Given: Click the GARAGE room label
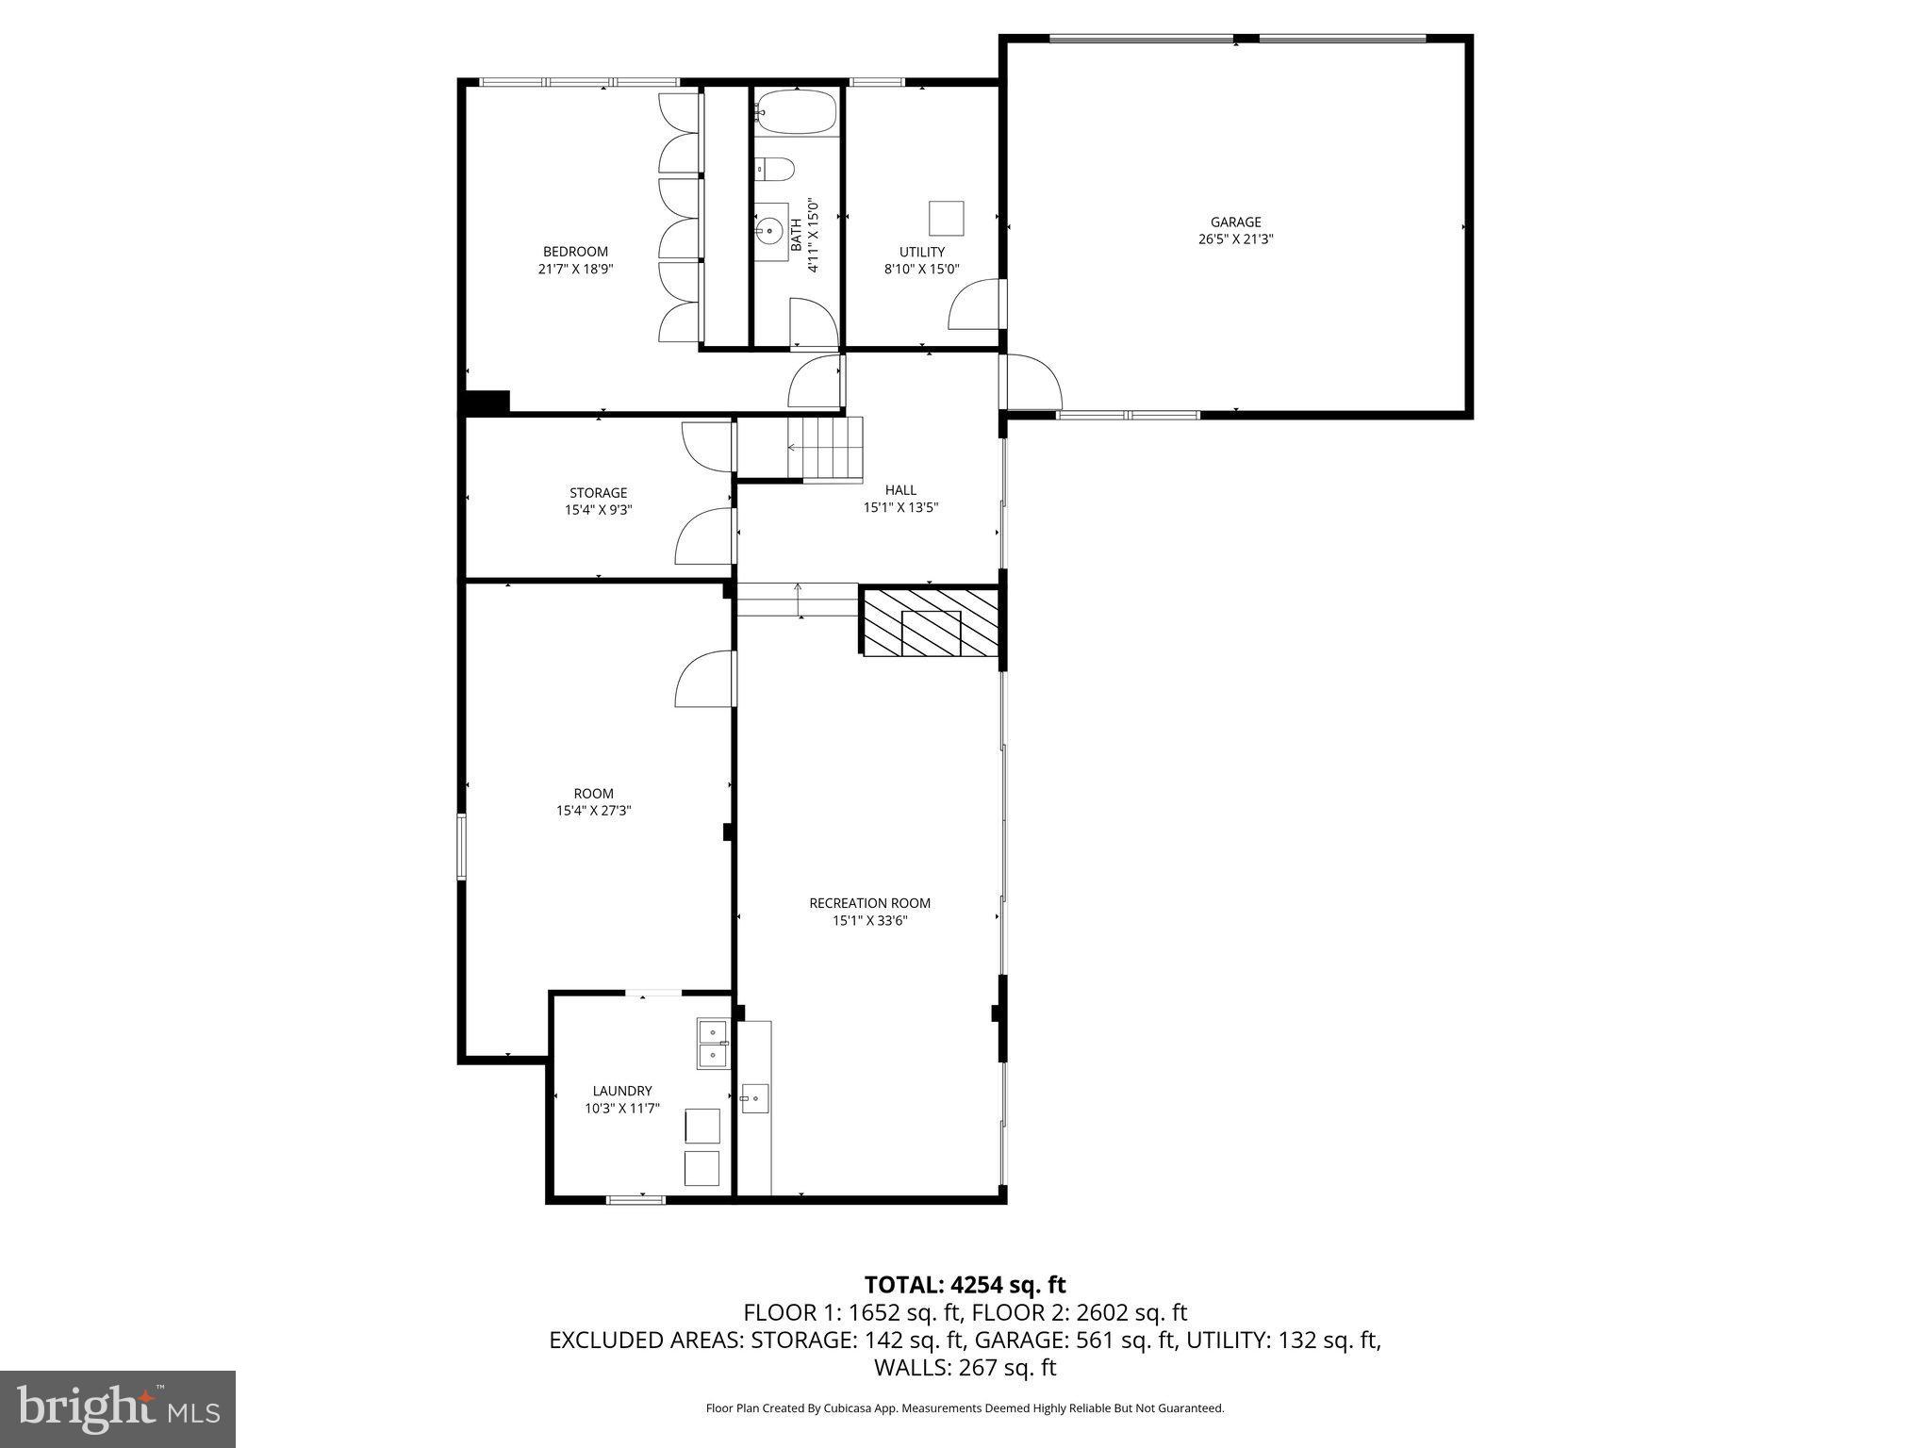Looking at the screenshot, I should click(x=1235, y=222).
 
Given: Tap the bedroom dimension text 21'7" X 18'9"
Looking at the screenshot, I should click(x=575, y=269).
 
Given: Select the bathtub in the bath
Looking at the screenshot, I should click(x=797, y=112).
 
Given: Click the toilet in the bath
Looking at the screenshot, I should click(x=775, y=169).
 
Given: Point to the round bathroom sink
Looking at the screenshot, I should click(x=771, y=230).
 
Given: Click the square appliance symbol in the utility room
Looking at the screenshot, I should click(x=946, y=219).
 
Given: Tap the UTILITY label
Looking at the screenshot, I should click(x=921, y=252).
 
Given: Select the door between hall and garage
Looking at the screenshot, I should click(x=1032, y=382).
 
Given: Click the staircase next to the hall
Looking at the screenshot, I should click(x=826, y=449).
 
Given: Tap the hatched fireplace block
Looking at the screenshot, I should click(x=930, y=622).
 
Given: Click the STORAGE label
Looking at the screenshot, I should click(x=598, y=493).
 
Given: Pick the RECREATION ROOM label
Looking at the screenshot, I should click(x=869, y=903).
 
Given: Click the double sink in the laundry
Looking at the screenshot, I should click(x=713, y=1043).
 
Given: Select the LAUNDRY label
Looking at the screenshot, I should click(x=622, y=1091).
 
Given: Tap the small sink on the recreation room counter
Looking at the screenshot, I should click(x=754, y=1098).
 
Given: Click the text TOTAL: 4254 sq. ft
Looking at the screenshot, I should click(x=965, y=1284).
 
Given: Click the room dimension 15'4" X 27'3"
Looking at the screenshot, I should click(x=593, y=810).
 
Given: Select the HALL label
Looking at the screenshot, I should click(x=900, y=490).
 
